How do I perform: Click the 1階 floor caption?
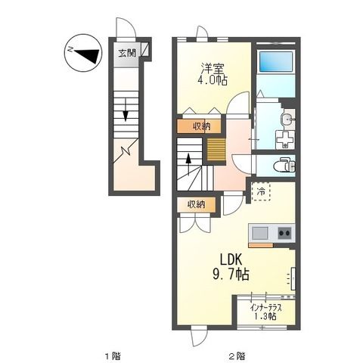(112, 354)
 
